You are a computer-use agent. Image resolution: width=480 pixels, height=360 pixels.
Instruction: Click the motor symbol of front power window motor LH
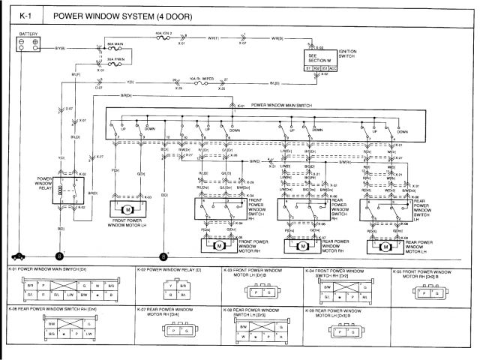coord(127,208)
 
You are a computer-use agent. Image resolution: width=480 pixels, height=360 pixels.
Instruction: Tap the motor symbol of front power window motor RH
coord(220,245)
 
